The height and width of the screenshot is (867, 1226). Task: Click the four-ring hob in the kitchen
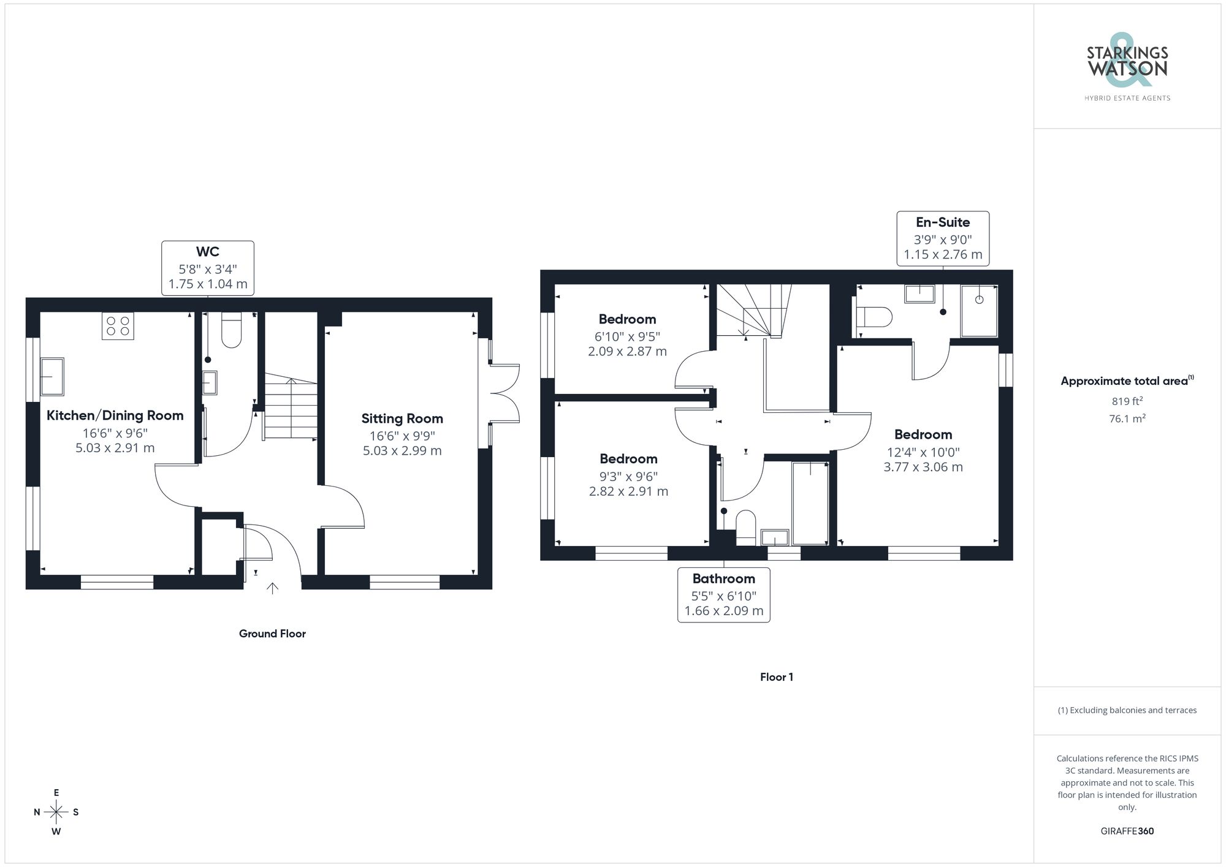point(118,326)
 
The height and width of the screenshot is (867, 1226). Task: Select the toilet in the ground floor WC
point(231,331)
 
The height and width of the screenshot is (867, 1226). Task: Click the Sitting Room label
point(402,418)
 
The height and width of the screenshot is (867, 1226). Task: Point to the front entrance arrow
point(272,588)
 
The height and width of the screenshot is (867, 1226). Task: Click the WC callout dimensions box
point(208,268)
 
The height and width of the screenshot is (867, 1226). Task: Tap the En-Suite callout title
point(942,222)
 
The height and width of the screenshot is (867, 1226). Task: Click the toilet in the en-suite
point(874,317)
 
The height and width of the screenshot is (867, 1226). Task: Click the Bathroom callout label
point(723,579)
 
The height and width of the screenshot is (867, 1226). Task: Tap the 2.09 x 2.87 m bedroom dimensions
point(627,352)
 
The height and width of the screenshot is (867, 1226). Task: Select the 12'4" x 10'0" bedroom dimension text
point(923,452)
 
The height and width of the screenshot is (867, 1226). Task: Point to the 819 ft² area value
point(1127,401)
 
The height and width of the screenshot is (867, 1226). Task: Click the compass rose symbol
point(56,812)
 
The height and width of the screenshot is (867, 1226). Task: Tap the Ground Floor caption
point(272,634)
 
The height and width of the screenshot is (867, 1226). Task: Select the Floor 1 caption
point(776,677)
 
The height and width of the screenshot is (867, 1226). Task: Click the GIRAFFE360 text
point(1127,831)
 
